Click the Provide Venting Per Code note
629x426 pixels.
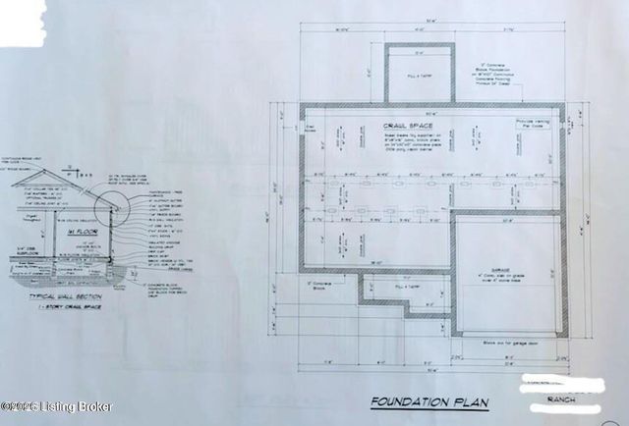pyautogui.click(x=532, y=124)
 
